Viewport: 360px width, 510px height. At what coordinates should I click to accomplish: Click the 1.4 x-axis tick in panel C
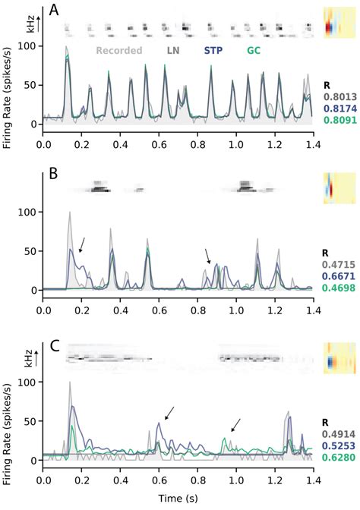click(312, 480)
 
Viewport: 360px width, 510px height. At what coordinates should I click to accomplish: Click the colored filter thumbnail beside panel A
click(336, 23)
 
